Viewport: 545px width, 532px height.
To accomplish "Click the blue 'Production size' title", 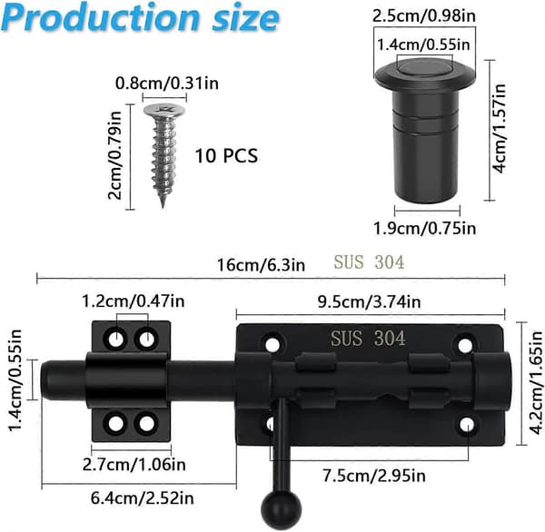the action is pyautogui.click(x=140, y=18).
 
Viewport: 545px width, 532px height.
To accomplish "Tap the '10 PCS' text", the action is pyautogui.click(x=226, y=155).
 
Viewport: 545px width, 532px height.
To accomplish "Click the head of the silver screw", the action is pyautogui.click(x=164, y=111).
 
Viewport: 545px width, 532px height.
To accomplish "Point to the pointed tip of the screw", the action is pyautogui.click(x=163, y=206).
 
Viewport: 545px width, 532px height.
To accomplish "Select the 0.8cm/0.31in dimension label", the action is pyautogui.click(x=167, y=84).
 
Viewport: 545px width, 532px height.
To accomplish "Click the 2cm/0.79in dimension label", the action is pyautogui.click(x=115, y=155).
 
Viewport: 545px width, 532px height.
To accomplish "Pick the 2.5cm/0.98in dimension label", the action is pyautogui.click(x=423, y=16).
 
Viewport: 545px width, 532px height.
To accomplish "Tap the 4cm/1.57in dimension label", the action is pyautogui.click(x=500, y=128).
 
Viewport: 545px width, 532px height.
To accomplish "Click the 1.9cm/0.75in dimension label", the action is pyautogui.click(x=424, y=229).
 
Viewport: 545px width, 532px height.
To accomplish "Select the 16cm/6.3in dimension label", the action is pyautogui.click(x=261, y=265).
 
